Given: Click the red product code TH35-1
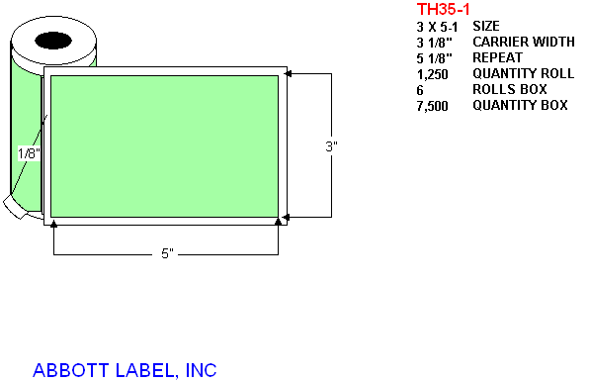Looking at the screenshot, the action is coord(443,9).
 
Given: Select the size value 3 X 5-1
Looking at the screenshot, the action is coord(437,27).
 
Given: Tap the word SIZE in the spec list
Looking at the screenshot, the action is coord(486,26).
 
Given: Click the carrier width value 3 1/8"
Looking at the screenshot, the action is coord(434,43).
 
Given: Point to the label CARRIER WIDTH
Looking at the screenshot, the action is coord(524,42).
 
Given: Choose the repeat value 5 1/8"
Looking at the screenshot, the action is coord(434,58).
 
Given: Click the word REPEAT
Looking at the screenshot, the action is coord(497,57).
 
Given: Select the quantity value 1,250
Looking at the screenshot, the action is coord(432,74).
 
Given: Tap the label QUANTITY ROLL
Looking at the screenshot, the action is coord(523,73).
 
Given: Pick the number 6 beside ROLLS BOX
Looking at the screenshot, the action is coord(420,90).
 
